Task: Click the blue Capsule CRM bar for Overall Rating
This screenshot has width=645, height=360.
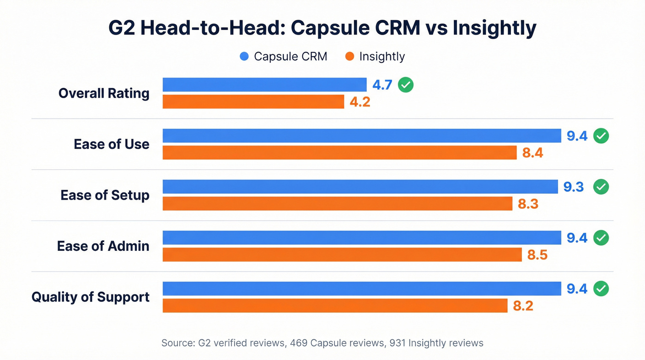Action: pyautogui.click(x=264, y=85)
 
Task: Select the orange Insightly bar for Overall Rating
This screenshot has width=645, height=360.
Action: pyautogui.click(x=253, y=101)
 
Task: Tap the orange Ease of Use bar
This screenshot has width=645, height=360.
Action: pyautogui.click(x=340, y=153)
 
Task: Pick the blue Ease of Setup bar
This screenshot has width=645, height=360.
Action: pyautogui.click(x=360, y=187)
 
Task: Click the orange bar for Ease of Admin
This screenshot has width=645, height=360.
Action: pyautogui.click(x=342, y=254)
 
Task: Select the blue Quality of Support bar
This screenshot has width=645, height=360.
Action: pyautogui.click(x=362, y=289)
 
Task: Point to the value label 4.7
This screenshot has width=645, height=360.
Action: pyautogui.click(x=382, y=85)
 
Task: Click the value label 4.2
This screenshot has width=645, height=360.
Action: pyautogui.click(x=360, y=102)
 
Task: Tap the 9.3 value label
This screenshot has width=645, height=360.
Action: pyautogui.click(x=574, y=187)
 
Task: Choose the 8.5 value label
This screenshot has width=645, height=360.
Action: pyautogui.click(x=537, y=255)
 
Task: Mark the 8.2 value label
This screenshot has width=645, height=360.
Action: pyautogui.click(x=523, y=306)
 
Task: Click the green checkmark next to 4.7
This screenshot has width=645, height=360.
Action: pyautogui.click(x=406, y=85)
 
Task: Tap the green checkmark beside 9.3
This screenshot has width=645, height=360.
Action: pyautogui.click(x=601, y=187)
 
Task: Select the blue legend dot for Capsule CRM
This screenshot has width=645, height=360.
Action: pyautogui.click(x=245, y=57)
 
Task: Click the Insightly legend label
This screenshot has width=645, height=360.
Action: pyautogui.click(x=381, y=57)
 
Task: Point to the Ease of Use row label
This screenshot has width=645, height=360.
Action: pyautogui.click(x=111, y=144)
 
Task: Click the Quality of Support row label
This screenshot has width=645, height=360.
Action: pyautogui.click(x=90, y=297)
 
